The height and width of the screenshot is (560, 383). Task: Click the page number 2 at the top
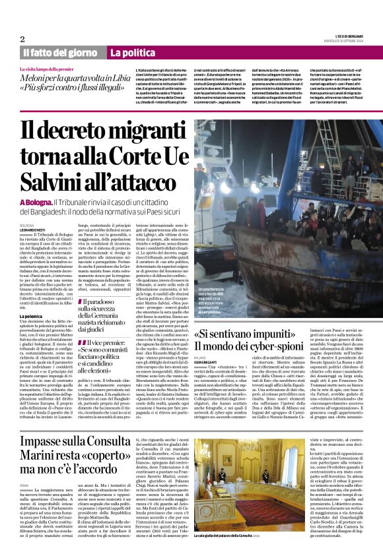22,38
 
